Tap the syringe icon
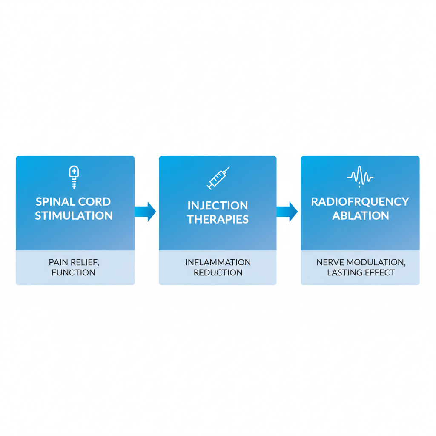pyautogui.click(x=218, y=178)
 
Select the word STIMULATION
pyautogui.click(x=74, y=216)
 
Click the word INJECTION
pyautogui.click(x=218, y=206)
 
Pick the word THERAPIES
pyautogui.click(x=218, y=220)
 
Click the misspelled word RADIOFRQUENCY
pyautogui.click(x=360, y=202)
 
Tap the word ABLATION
pyautogui.click(x=360, y=216)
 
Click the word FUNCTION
pyautogui.click(x=74, y=272)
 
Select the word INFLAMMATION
pyautogui.click(x=218, y=262)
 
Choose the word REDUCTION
pyautogui.click(x=218, y=272)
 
